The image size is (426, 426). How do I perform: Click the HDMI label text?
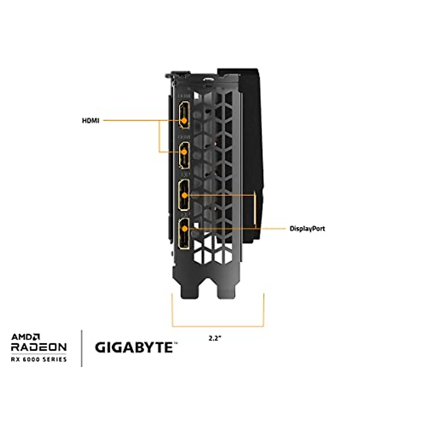91,121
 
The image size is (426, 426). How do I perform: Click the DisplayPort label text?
307,229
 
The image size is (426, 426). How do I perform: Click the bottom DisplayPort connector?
184,233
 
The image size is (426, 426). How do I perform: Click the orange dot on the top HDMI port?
184,121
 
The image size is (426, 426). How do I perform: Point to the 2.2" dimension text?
215,338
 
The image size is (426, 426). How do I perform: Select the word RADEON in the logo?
39,347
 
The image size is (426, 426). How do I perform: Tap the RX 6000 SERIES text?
39,359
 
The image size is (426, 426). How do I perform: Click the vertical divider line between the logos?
82,348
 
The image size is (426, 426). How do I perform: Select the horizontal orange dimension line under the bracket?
218,326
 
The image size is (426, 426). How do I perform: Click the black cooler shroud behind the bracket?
252,149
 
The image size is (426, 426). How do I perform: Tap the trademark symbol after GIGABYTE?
175,343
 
